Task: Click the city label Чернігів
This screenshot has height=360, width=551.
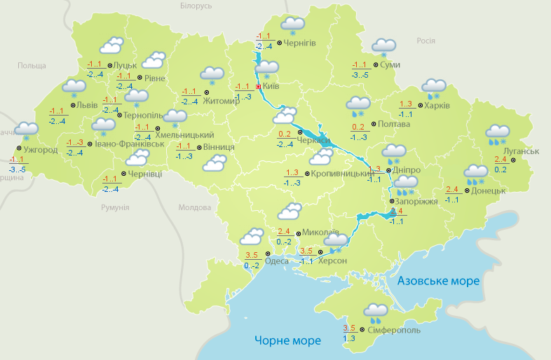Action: [300, 43]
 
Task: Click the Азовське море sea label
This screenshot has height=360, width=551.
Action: [438, 281]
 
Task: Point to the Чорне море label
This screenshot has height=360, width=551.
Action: [287, 340]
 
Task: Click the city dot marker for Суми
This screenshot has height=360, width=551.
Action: [376, 64]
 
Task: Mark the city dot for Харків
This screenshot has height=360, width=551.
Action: [419, 106]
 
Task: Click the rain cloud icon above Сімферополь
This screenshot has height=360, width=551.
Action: [376, 310]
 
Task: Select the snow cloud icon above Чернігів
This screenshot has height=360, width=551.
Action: [292, 25]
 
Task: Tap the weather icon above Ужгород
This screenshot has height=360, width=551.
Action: [27, 130]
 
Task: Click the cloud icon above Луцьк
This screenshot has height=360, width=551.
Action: [112, 46]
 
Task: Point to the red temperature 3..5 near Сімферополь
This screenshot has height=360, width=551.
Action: [349, 328]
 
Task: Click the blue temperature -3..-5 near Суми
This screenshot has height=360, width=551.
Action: [360, 74]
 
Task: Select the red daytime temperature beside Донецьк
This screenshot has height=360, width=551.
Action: [451, 190]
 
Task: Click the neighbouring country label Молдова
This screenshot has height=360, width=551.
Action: [194, 208]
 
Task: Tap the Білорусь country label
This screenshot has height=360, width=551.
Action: [195, 6]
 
